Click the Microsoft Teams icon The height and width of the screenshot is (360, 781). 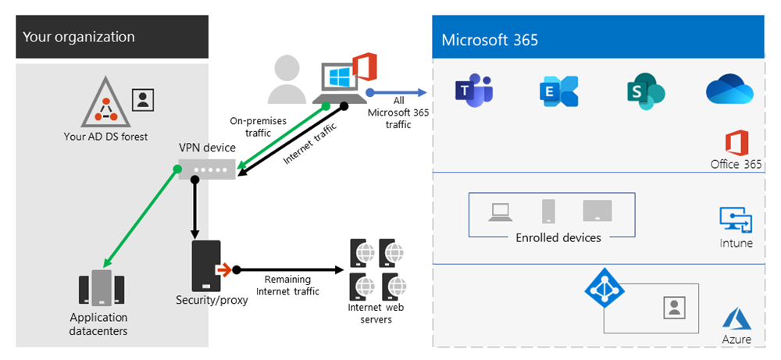point(474,91)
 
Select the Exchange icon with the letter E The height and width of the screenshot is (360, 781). point(559,91)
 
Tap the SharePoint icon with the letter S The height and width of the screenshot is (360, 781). point(646,91)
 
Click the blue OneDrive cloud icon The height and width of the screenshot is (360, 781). point(729,89)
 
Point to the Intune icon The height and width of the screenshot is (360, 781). point(736,220)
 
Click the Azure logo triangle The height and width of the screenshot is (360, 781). point(736,319)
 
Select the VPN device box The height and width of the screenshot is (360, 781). point(207,169)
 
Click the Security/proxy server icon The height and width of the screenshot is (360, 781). point(206,266)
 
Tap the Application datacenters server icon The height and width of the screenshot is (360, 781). point(102,287)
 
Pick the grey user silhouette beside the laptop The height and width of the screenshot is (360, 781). point(287,79)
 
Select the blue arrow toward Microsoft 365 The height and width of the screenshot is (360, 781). point(397,92)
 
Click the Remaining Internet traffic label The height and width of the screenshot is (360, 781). point(287,285)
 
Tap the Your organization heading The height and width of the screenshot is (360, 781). point(79,37)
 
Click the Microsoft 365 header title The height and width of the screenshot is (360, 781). point(490,39)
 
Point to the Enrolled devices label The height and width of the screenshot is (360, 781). point(558,237)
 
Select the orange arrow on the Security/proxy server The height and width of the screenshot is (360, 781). point(224,270)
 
